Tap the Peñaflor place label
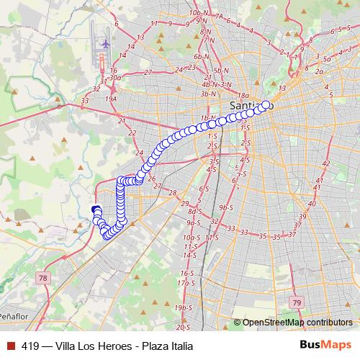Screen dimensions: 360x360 [12, 316]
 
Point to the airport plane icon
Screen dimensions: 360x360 [106, 43]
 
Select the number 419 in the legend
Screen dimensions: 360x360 [30, 346]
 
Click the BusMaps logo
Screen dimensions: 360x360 [328, 345]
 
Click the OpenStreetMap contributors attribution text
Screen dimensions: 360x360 [297, 323]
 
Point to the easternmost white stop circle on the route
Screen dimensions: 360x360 [266, 105]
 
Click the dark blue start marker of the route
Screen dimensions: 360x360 [95, 210]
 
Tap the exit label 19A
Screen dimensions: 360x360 [111, 99]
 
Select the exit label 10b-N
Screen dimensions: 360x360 [196, 13]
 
